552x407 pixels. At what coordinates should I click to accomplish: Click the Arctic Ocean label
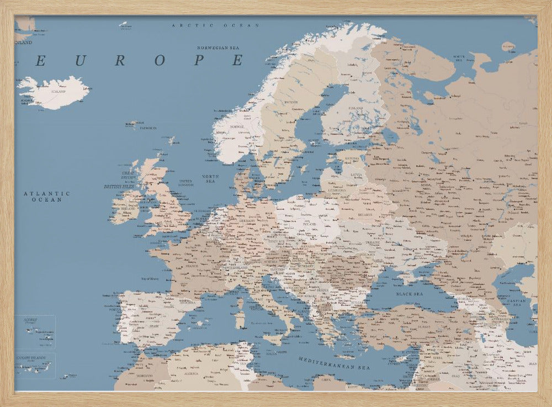pos(215,25)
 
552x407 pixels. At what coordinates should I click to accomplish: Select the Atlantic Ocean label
pos(47,196)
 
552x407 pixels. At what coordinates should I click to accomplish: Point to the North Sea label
pos(210,178)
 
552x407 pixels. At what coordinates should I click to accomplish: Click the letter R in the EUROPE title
pos(120,61)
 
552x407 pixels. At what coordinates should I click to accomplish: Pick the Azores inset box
pos(35,332)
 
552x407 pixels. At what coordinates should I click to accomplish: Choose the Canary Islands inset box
pos(35,366)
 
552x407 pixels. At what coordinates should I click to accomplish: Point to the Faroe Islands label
pos(147,128)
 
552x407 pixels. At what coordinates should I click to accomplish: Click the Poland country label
pos(310,224)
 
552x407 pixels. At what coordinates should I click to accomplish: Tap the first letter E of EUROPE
pos(40,61)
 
